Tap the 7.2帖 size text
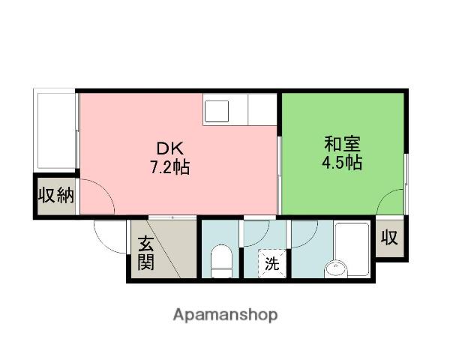(168, 166)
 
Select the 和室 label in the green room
(342, 142)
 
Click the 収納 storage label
(55, 196)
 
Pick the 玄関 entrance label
(145, 253)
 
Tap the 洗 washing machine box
(271, 263)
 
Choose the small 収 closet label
(388, 238)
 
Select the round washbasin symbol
(335, 268)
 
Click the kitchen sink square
(219, 111)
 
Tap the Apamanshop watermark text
(225, 314)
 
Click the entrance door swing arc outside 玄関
(110, 238)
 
